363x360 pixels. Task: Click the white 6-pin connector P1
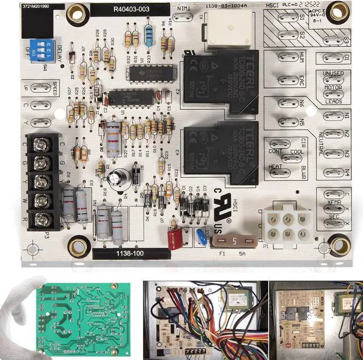click(286, 223)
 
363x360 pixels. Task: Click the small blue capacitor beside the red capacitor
click(199, 235)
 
